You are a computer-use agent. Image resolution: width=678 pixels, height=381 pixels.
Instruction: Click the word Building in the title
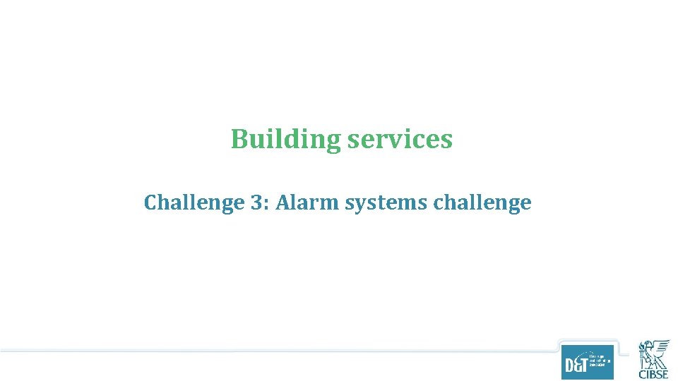point(285,140)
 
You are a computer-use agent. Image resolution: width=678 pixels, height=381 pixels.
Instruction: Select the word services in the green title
point(400,140)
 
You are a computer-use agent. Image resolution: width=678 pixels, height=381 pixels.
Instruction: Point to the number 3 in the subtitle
point(256,203)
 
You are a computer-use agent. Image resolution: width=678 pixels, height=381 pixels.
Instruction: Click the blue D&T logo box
point(588,362)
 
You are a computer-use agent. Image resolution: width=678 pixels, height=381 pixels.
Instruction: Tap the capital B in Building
point(239,140)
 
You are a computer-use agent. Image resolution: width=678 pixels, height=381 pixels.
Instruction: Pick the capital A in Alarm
point(283,203)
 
